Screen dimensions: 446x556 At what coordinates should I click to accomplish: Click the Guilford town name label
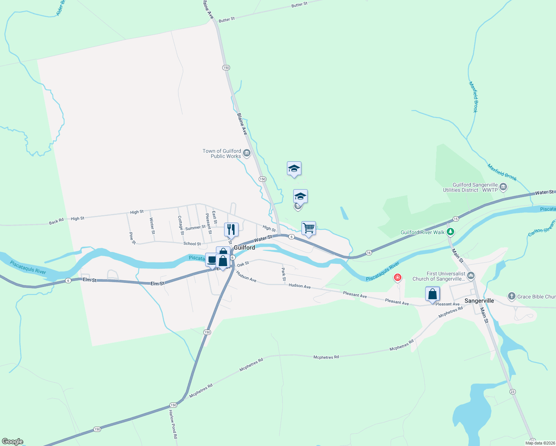pos(244,248)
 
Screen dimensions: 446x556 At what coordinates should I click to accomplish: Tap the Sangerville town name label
pos(479,301)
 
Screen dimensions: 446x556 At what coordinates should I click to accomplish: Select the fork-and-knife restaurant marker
pos(231,230)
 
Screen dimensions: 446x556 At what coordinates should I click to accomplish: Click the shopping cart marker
pos(308,228)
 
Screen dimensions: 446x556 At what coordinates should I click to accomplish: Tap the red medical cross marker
pos(398,277)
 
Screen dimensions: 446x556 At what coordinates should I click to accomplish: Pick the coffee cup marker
pos(211,260)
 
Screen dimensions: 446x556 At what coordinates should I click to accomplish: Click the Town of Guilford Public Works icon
pos(246,153)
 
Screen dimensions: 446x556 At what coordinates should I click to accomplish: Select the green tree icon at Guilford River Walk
pos(450,232)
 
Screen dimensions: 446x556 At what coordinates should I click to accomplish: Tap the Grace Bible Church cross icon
pos(512,296)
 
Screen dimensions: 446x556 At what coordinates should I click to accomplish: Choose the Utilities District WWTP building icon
pos(503,187)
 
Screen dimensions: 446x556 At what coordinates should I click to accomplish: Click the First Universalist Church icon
pos(471,276)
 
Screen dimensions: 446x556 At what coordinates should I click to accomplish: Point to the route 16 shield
pos(369,253)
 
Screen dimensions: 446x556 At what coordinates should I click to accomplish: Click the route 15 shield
pos(456,219)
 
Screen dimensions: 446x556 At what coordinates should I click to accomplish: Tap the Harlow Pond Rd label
pos(173,424)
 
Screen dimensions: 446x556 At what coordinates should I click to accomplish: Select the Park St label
pos(284,274)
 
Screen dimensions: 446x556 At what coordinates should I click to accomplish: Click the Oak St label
pos(243,264)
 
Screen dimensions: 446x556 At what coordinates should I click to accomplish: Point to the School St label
pos(192,244)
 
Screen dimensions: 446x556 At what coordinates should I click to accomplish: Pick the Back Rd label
pos(56,222)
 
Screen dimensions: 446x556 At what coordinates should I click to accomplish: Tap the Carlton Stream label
pos(542,228)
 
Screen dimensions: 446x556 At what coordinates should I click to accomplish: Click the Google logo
pos(13,442)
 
